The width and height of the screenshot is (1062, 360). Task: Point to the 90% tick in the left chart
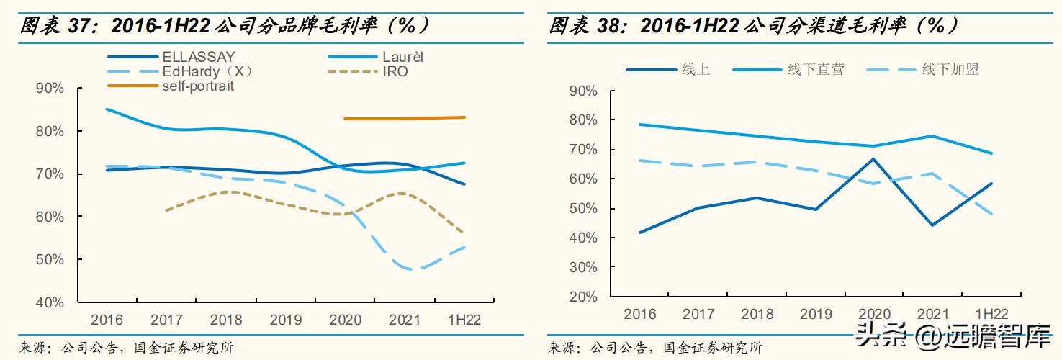50,89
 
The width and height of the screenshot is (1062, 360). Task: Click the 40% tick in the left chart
50,302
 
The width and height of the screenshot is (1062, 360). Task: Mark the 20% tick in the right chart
583,297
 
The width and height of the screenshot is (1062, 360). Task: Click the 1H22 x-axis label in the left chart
464,320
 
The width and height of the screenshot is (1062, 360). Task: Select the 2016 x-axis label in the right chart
639,314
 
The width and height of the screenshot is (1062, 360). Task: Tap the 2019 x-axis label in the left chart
286,320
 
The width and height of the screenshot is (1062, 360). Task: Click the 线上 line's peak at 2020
873,159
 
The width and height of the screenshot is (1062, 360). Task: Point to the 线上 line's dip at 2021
932,225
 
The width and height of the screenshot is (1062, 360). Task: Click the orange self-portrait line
403,118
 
